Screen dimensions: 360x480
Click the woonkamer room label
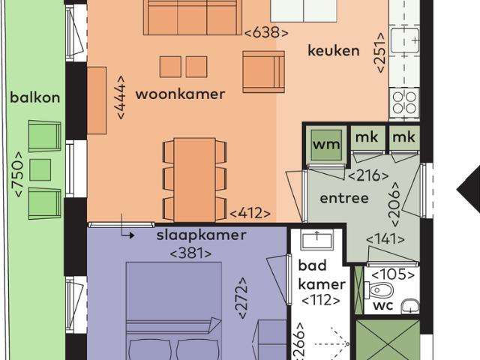coord(180,94)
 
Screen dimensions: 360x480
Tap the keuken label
coord(334,51)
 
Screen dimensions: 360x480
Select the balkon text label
coord(35,97)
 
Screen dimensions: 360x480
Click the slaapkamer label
coord(201,235)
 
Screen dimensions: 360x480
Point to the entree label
coord(344,198)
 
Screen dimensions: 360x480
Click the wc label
coord(383,307)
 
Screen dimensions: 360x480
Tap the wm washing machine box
coord(326,144)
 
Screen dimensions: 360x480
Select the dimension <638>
coord(266,32)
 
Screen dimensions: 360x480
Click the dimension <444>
coord(120,94)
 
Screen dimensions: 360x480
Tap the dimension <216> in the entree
coord(368,176)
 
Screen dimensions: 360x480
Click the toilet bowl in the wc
coord(382,290)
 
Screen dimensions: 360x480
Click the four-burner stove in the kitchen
coord(403,103)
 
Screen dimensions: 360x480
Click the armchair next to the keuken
coord(262,72)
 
